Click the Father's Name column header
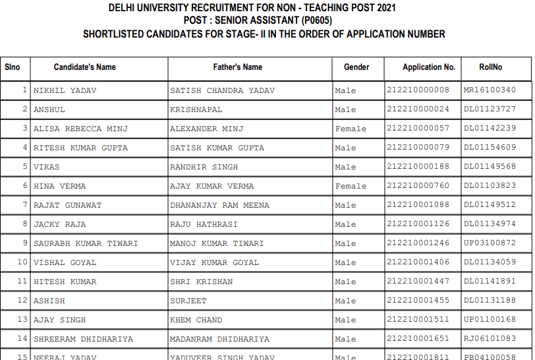(x=237, y=67)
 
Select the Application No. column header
(x=429, y=67)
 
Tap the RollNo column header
(x=491, y=67)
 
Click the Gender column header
(x=356, y=67)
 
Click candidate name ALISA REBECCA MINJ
(x=80, y=129)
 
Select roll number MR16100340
(x=490, y=90)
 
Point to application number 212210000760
(x=418, y=186)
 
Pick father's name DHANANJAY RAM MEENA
(x=219, y=205)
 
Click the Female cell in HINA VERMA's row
(x=351, y=186)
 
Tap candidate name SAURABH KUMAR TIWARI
(x=86, y=243)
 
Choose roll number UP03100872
(x=490, y=243)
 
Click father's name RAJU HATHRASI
(x=204, y=224)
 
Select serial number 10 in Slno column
(x=22, y=262)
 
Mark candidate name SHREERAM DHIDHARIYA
(x=83, y=339)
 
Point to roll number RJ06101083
(x=490, y=339)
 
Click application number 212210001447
(x=418, y=282)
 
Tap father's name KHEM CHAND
(x=196, y=320)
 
